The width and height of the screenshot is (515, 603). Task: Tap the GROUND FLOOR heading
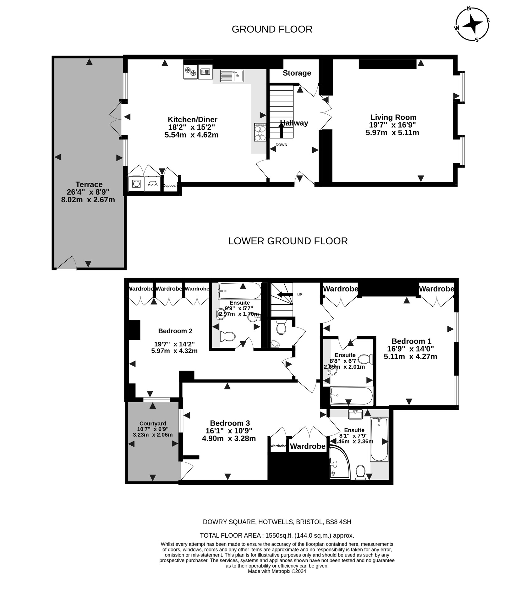click(272, 29)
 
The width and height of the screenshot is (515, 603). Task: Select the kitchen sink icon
click(232, 76)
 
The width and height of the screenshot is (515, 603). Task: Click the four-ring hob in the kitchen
click(260, 132)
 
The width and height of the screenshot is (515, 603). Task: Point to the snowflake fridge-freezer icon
click(190, 72)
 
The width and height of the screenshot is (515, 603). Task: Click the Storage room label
click(297, 73)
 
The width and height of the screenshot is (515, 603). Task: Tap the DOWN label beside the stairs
click(281, 145)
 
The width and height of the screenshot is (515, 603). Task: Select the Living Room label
click(393, 117)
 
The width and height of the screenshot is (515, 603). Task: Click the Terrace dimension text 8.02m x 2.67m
click(88, 200)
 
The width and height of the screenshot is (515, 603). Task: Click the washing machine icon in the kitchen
click(136, 184)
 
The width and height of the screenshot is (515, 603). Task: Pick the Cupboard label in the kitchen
click(170, 186)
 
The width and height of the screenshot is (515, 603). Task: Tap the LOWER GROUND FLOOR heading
click(288, 241)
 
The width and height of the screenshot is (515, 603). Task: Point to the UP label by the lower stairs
click(299, 295)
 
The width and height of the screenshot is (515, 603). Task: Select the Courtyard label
click(153, 423)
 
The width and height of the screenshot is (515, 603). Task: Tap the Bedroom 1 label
click(411, 341)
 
